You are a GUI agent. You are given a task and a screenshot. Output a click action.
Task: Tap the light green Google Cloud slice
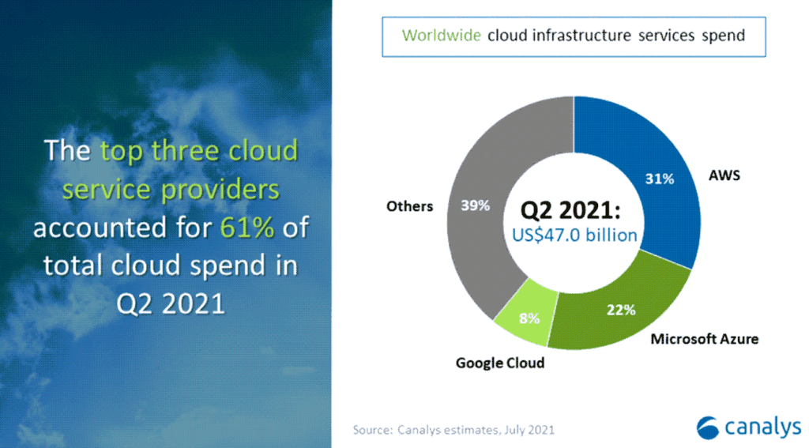point(526,314)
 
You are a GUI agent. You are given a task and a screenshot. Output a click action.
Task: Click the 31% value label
point(660,179)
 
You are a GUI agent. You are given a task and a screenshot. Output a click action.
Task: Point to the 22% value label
point(621,310)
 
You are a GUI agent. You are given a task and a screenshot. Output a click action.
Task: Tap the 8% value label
point(529,318)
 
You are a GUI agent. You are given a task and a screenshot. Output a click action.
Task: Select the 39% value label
point(475,205)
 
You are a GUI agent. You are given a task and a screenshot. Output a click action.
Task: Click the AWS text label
point(724,175)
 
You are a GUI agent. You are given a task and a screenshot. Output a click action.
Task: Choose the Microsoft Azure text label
point(704,339)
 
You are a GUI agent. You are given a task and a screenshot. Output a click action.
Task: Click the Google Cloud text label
point(500,363)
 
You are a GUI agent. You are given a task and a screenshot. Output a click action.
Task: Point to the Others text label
point(410,206)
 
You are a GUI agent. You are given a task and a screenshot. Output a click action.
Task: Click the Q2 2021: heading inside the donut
point(570,210)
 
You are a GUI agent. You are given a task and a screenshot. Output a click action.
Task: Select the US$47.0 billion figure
point(574,235)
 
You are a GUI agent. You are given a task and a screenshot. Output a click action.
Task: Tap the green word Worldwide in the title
point(441,36)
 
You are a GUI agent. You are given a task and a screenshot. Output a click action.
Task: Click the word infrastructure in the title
point(581,36)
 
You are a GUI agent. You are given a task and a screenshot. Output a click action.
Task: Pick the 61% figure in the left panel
point(247,227)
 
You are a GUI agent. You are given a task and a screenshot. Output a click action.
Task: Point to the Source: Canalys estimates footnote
point(453,429)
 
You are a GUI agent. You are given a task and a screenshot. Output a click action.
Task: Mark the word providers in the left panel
point(221,190)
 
